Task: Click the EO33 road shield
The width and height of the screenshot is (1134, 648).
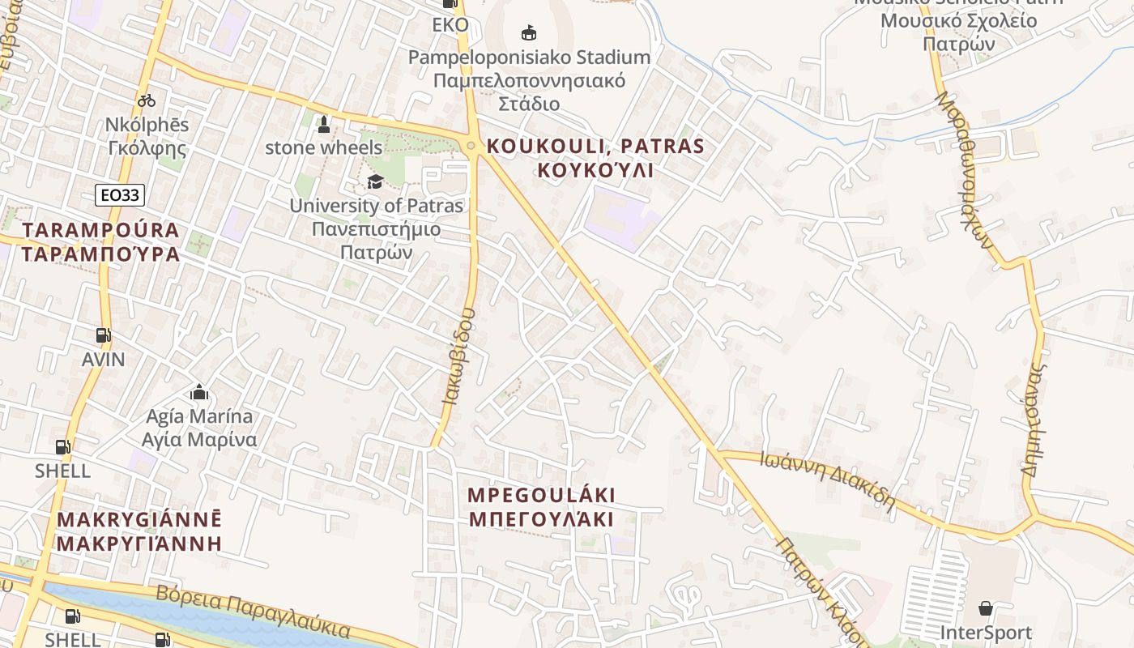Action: coord(120,195)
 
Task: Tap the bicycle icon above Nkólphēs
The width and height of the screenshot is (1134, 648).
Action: coord(147,100)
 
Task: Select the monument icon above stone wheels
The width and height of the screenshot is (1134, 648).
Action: coord(324,125)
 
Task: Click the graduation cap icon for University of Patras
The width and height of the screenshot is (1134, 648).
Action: coord(374,181)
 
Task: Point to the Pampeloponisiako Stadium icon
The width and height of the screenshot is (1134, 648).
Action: coord(529,32)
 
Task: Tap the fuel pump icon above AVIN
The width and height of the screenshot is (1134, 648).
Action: coord(103,335)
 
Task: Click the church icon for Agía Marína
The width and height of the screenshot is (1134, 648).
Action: coord(199,394)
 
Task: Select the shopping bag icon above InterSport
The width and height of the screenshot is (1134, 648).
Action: coord(986,608)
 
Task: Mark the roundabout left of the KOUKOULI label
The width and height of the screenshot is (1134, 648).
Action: coord(471,146)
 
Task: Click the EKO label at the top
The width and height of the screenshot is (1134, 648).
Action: coord(450,25)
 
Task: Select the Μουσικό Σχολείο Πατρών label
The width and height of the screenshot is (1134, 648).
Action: coord(958,21)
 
